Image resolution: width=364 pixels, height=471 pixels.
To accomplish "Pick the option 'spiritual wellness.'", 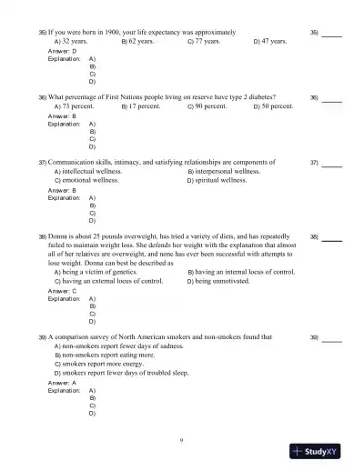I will point(220,181).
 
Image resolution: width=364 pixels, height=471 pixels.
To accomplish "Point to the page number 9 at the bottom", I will point(182,440).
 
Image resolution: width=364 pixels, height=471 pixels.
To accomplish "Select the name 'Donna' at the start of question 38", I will point(58,235).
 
